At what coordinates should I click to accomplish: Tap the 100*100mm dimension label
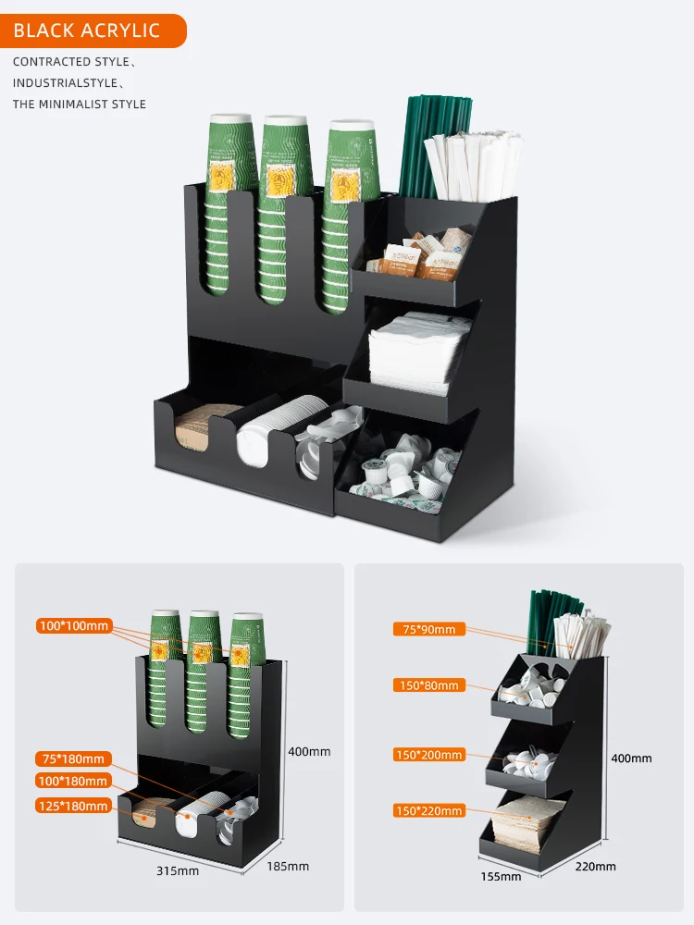point(73,626)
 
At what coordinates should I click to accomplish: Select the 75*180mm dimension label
point(73,759)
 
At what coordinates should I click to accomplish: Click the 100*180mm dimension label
point(73,783)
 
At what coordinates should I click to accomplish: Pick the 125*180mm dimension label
point(73,806)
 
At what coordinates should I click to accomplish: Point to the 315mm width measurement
point(177,870)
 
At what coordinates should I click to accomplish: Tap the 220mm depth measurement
point(594,867)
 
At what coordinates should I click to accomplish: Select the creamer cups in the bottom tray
point(407,476)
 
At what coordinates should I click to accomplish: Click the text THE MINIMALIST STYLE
point(80,105)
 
